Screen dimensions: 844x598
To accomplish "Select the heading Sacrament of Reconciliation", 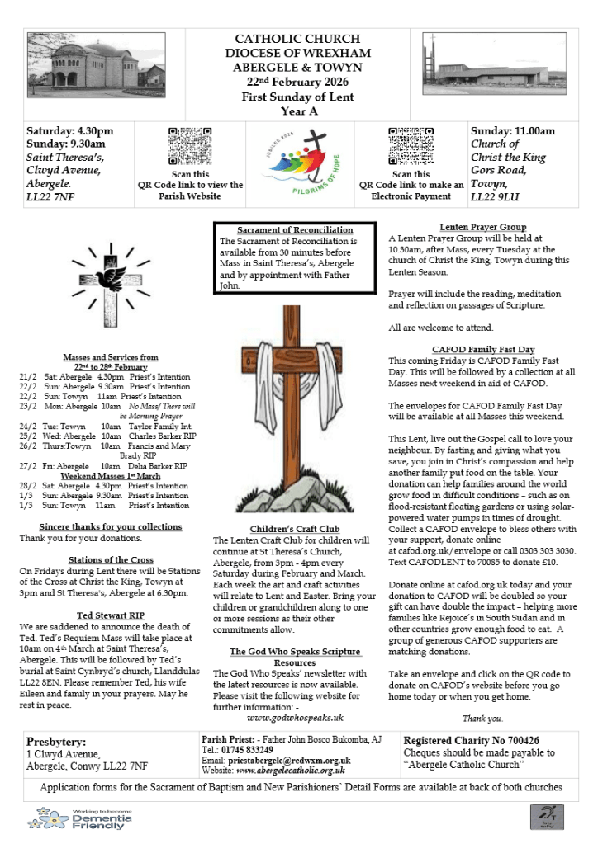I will (x=295, y=230).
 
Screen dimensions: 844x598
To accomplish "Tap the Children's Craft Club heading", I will (x=294, y=529).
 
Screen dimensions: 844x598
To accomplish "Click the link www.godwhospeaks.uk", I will (x=295, y=718).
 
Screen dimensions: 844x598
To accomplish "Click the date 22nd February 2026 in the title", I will (x=297, y=83).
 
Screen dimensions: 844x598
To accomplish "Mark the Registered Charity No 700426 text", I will (x=471, y=740).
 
